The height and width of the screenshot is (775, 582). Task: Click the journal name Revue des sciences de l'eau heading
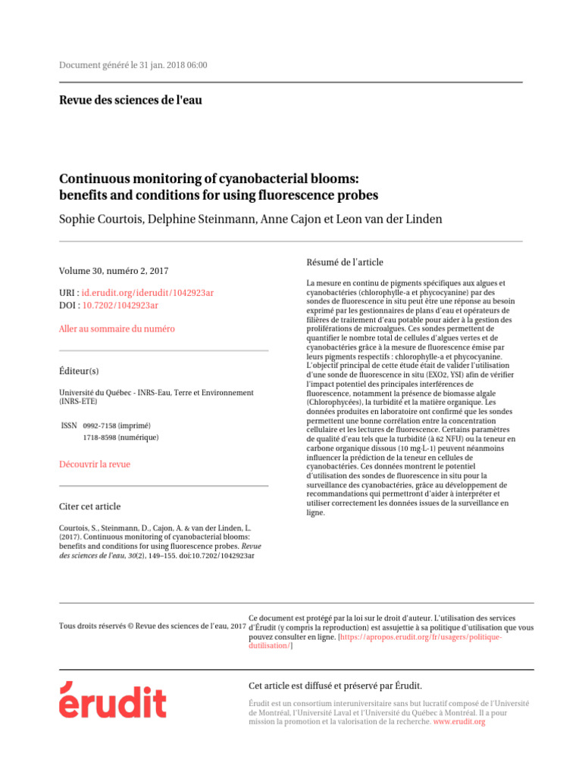click(x=130, y=100)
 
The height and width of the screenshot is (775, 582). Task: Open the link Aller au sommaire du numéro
click(x=117, y=329)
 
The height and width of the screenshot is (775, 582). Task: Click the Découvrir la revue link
click(x=95, y=464)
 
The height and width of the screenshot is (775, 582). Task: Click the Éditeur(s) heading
click(x=79, y=372)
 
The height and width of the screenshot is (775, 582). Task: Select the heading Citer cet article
click(x=89, y=506)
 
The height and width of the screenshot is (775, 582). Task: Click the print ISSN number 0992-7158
click(x=102, y=425)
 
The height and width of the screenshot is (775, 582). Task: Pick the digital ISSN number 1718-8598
click(x=102, y=437)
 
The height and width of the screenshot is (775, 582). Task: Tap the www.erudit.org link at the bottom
click(x=458, y=722)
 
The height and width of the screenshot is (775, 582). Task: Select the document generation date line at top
click(x=133, y=65)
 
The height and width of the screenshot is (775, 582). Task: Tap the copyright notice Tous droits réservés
click(x=152, y=626)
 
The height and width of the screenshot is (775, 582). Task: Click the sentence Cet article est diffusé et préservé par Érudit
click(x=335, y=686)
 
